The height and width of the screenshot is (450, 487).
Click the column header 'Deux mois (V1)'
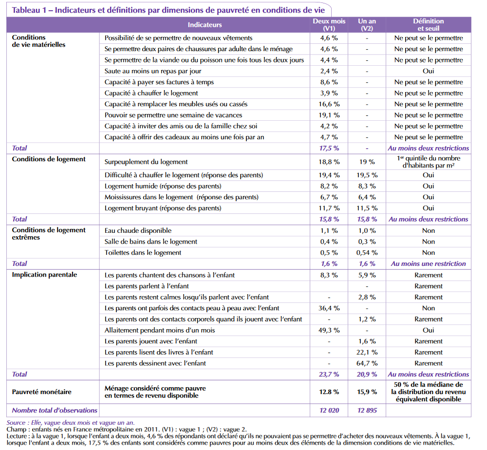pyautogui.click(x=329, y=25)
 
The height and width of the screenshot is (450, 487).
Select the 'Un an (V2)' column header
pyautogui.click(x=367, y=25)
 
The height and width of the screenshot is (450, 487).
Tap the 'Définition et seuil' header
pyautogui.click(x=428, y=25)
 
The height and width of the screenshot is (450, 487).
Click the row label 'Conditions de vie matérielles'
pyautogui.click(x=38, y=41)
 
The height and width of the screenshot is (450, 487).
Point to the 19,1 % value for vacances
pyautogui.click(x=329, y=115)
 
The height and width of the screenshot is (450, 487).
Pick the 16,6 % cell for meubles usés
pyautogui.click(x=329, y=104)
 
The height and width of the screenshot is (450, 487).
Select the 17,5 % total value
pyautogui.click(x=329, y=148)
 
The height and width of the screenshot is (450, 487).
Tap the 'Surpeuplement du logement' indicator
pyautogui.click(x=146, y=162)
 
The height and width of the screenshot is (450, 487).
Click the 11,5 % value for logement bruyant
pyautogui.click(x=367, y=208)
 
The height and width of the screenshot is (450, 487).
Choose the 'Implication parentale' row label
pyautogui.click(x=44, y=275)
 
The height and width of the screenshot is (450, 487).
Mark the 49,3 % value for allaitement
pyautogui.click(x=329, y=330)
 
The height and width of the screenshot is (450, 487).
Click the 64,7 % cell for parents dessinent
pyautogui.click(x=367, y=363)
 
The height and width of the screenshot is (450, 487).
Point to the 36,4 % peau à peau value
pyautogui.click(x=329, y=308)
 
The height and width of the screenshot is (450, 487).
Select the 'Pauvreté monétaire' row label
pyautogui.click(x=41, y=392)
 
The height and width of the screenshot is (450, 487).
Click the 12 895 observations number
pyautogui.click(x=367, y=411)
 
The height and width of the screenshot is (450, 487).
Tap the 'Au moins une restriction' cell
pyautogui.click(x=428, y=263)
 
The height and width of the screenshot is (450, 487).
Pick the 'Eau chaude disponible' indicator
pyautogui.click(x=138, y=230)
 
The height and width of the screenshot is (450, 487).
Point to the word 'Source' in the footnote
pyautogui.click(x=17, y=422)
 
